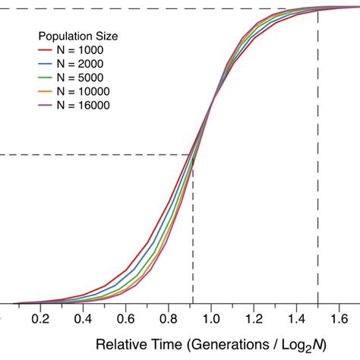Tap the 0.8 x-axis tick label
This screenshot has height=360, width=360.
169,320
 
